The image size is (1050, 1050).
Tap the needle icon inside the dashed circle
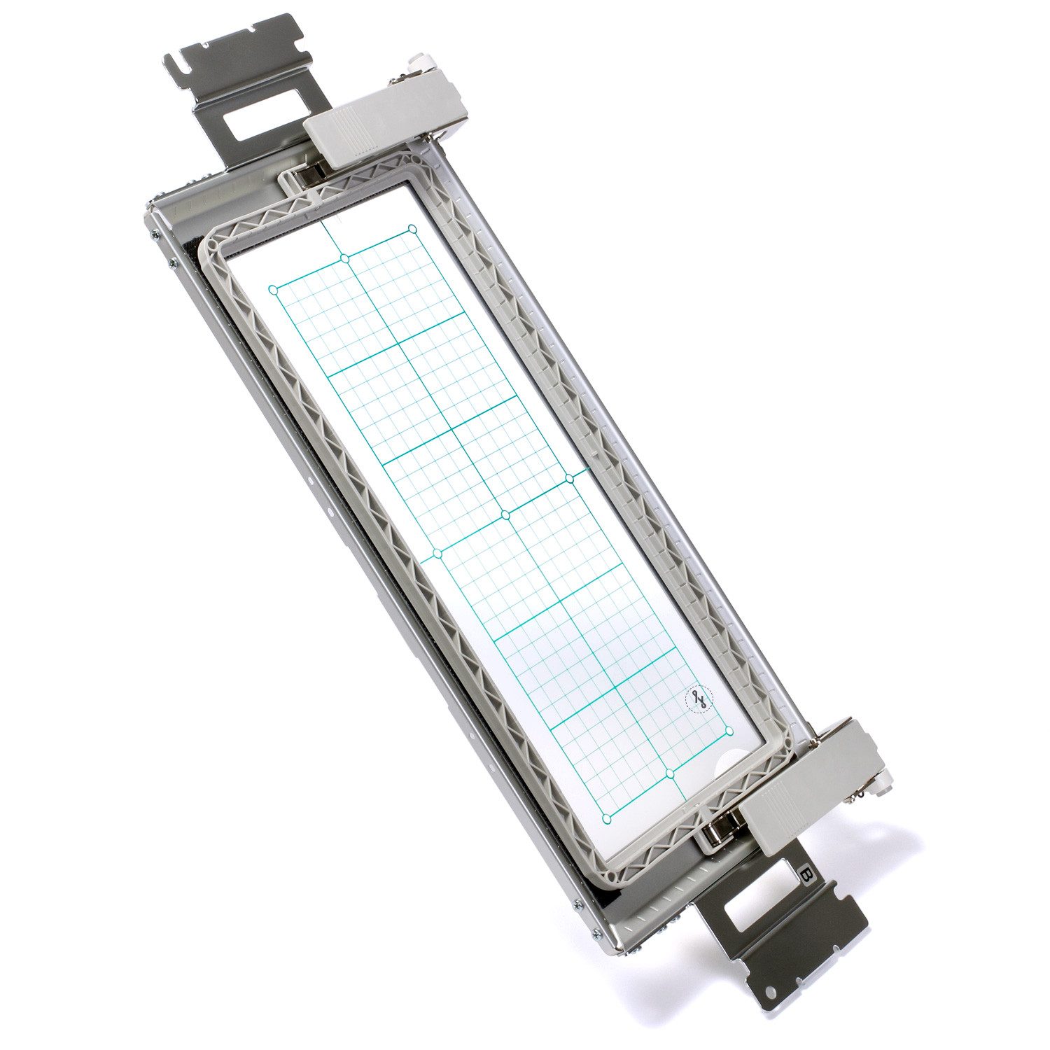pos(698,698)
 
